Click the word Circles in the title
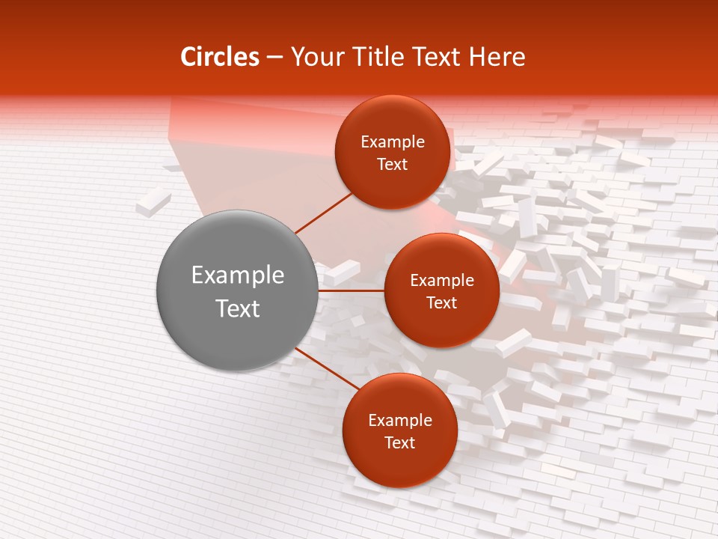[220, 57]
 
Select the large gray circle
[237, 247]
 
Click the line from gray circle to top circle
[323, 213]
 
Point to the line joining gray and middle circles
[352, 290]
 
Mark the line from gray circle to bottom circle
[323, 368]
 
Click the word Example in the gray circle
[238, 275]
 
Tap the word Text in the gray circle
[238, 308]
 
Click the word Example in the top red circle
[393, 142]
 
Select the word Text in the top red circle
[393, 165]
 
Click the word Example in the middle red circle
[442, 281]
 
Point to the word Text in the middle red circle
[442, 303]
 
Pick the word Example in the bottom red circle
[400, 421]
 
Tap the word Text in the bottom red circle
[400, 443]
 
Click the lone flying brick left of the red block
[154, 202]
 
